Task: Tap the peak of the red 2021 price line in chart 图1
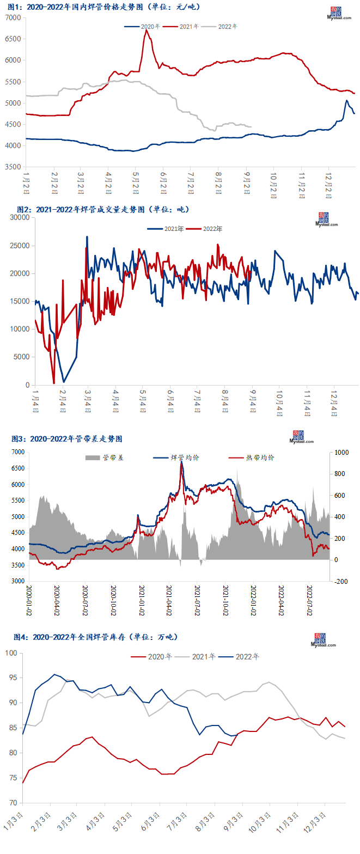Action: pyautogui.click(x=145, y=30)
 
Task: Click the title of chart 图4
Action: pyautogui.click(x=95, y=637)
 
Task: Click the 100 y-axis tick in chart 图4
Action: pyautogui.click(x=12, y=652)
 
